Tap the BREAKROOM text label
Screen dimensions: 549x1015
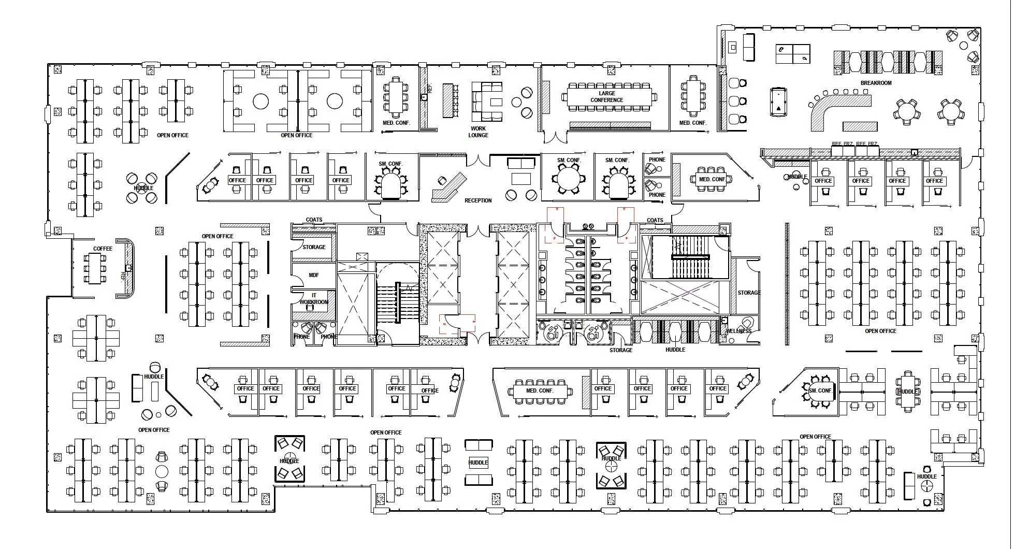876,83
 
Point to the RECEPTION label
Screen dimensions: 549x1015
477,200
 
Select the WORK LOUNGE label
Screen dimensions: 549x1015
478,132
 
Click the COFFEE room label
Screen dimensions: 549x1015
103,249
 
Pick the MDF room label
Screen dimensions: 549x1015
314,275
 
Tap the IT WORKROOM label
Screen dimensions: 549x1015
314,299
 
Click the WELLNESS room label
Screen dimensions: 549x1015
738,331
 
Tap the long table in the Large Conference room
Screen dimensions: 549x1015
608,97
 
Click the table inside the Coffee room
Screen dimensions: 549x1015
94,269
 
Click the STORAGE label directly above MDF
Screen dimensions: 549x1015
314,247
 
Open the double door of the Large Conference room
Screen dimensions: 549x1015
555,137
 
